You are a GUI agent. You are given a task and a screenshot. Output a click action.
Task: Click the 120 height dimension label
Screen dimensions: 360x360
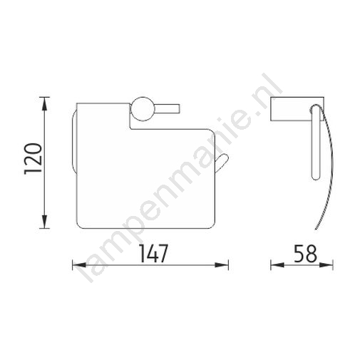tap(33, 159)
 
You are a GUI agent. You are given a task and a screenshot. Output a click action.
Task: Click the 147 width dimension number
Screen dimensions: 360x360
tap(153, 254)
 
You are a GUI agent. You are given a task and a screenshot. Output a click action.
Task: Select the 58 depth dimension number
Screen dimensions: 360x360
tap(305, 254)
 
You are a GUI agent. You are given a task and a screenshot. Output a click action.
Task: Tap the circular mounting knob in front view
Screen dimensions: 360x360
tap(141, 109)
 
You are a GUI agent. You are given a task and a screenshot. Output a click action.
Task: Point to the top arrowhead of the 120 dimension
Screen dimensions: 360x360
tap(44, 104)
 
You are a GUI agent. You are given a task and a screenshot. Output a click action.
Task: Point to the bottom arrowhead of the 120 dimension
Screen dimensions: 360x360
tap(44, 222)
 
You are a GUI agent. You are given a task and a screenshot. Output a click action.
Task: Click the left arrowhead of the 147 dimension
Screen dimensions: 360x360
tap(79, 265)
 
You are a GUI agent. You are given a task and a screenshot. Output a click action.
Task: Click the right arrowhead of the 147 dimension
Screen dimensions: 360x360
tap(222, 265)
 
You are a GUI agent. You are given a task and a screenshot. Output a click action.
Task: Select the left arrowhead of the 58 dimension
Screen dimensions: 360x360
tap(277, 265)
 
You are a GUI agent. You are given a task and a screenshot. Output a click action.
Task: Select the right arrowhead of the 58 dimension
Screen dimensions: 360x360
tap(326, 265)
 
